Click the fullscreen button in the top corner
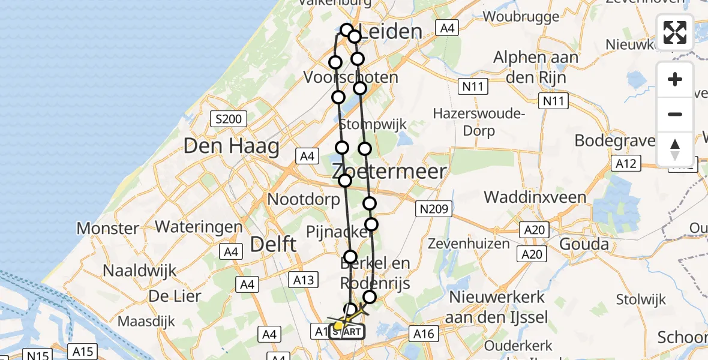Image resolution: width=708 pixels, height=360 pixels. click(x=675, y=32)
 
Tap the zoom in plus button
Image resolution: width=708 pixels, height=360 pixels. click(x=675, y=79)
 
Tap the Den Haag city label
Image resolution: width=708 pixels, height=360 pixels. click(x=232, y=146)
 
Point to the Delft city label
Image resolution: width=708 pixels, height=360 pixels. click(x=273, y=244)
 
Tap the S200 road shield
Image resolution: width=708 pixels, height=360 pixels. click(x=228, y=119)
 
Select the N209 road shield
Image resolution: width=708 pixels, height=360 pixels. click(x=434, y=209)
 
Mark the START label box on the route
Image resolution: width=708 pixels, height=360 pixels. click(x=347, y=331)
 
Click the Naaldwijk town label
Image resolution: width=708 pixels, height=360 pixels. click(x=140, y=271)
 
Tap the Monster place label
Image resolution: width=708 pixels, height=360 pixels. click(x=108, y=229)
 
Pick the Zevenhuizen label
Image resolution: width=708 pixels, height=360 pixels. click(x=469, y=244)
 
